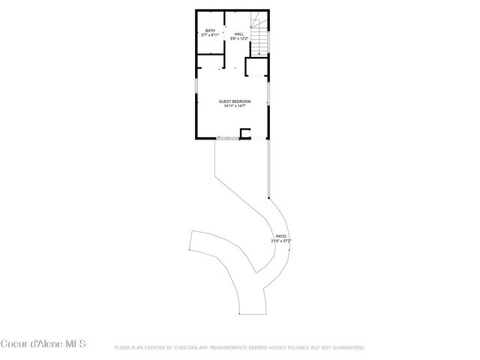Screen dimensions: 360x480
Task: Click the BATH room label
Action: tap(210, 31)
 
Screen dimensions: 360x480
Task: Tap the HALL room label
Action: tap(238, 34)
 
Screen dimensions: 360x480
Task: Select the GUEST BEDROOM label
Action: tap(235, 101)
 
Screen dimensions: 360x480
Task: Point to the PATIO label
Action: tap(281, 235)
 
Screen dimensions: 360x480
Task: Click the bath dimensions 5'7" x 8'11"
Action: tap(210, 35)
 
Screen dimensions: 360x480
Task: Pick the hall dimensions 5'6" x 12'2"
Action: tap(238, 38)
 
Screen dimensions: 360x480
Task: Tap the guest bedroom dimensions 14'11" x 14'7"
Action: tap(235, 106)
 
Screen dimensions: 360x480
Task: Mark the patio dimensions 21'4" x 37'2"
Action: tap(281, 240)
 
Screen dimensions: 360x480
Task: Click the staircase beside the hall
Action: tap(259, 37)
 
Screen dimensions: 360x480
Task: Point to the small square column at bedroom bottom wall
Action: tap(244, 133)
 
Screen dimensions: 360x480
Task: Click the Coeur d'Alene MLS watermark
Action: tap(43, 343)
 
